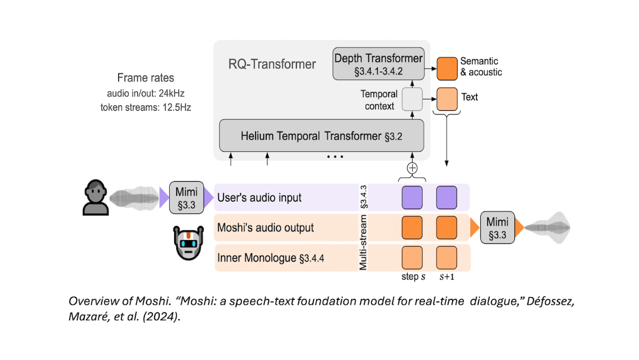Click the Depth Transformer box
pyautogui.click(x=379, y=63)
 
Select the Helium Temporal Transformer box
pyautogui.click(x=321, y=136)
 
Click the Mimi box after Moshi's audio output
pyautogui.click(x=495, y=227)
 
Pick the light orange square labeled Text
pyautogui.click(x=447, y=97)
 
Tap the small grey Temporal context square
pyautogui.click(x=412, y=99)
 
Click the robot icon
pyautogui.click(x=191, y=243)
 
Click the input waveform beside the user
pyautogui.click(x=133, y=198)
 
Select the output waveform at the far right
pyautogui.click(x=547, y=227)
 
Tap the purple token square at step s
pyautogui.click(x=412, y=197)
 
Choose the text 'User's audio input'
pyautogui.click(x=259, y=198)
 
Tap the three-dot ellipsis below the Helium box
pyautogui.click(x=334, y=157)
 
